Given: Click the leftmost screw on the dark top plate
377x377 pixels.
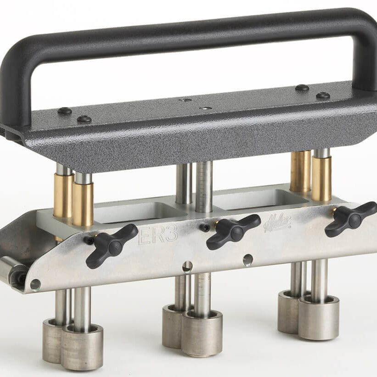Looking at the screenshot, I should [x=64, y=111].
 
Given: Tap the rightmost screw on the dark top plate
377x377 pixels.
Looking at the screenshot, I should [x=323, y=96].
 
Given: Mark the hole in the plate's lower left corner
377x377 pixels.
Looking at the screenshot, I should [x=35, y=285].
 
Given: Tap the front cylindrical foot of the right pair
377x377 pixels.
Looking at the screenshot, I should [x=319, y=316].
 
